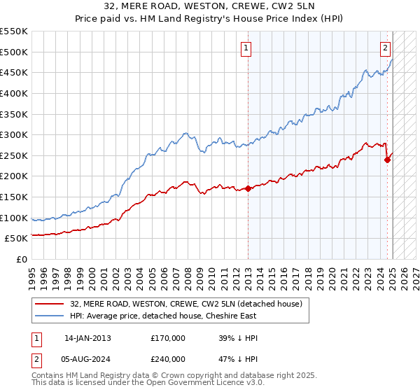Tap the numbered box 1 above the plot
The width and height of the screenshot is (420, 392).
(247, 48)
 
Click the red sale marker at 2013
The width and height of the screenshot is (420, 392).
(248, 188)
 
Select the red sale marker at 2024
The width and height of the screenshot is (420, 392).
(387, 160)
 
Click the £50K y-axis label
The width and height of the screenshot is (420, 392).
(17, 239)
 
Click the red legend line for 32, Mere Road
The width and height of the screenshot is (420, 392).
(48, 304)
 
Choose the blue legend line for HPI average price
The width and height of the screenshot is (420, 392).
(48, 315)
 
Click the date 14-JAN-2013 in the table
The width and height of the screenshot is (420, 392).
(87, 338)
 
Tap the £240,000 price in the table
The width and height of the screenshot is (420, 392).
(168, 360)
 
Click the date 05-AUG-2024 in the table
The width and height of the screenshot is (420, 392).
(87, 360)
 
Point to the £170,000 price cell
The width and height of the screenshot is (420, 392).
(168, 338)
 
